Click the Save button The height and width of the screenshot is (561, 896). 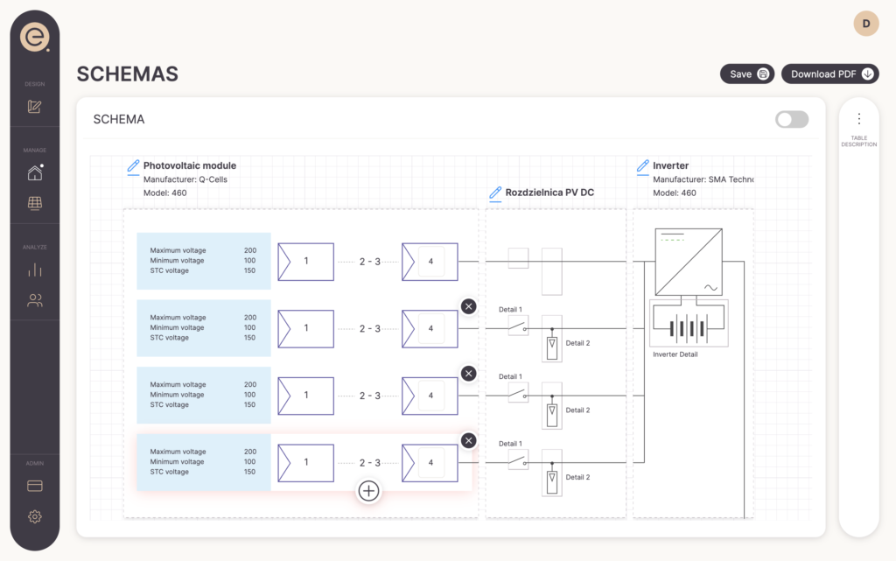pos(747,74)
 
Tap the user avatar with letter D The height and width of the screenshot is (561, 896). pos(866,24)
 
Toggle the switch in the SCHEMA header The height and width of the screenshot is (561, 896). pos(792,119)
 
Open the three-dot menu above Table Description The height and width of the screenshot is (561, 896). pos(858,119)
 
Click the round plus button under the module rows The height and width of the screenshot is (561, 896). pos(368,491)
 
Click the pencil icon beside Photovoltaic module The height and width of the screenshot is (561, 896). pos(133,165)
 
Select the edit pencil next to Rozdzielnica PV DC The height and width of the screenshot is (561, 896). pos(495,193)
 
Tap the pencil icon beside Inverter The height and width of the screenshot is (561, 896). pos(643,165)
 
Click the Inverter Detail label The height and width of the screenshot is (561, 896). pos(675,354)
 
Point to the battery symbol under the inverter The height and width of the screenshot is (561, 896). pos(689,328)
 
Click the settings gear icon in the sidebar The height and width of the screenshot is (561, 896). pos(35,516)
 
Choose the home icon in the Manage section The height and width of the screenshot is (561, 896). pos(35,172)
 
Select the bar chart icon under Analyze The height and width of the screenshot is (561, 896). pos(35,270)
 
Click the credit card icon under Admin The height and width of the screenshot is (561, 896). pos(35,486)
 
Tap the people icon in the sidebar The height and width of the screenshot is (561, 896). pos(35,300)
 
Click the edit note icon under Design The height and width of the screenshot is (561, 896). pos(35,107)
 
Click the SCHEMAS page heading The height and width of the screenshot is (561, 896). pos(128,74)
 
